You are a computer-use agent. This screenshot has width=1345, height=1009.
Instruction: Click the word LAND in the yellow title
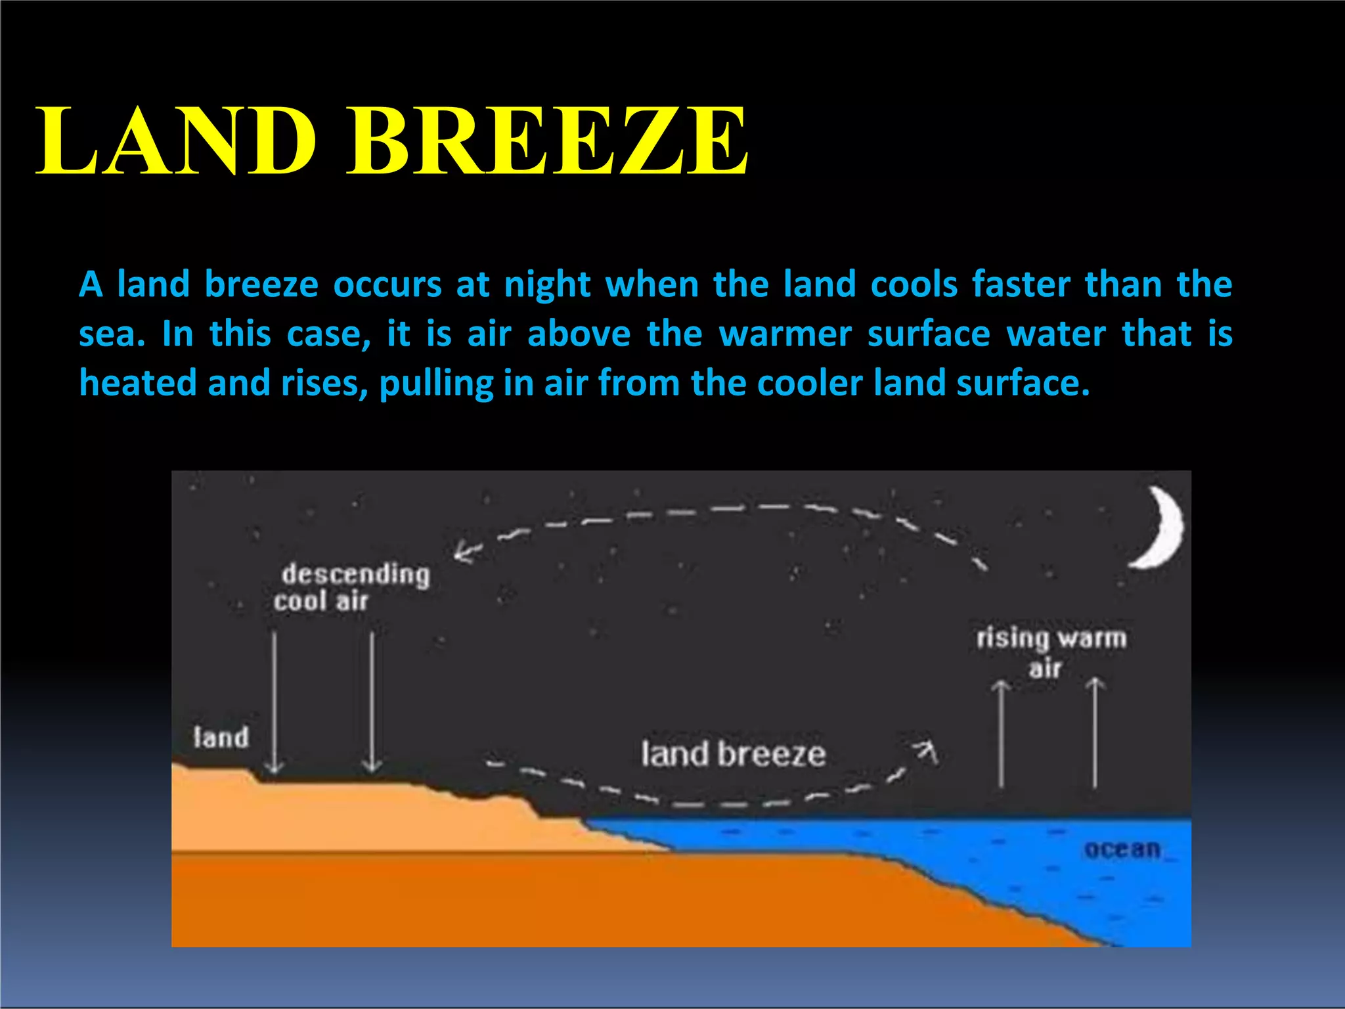coord(176,141)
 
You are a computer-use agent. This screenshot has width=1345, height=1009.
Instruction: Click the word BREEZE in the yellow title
coord(546,141)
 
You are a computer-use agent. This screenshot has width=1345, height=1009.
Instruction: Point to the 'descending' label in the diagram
coord(355,574)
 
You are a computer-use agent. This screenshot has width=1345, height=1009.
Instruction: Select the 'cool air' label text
coord(320,601)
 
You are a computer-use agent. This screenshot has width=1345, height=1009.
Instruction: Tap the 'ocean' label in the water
coord(1122,849)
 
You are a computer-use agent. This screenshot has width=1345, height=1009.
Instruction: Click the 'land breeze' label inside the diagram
coord(733,754)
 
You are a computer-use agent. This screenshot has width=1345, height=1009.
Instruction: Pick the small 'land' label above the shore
coord(221,738)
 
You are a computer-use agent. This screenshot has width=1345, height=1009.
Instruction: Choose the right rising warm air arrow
coord(1095,732)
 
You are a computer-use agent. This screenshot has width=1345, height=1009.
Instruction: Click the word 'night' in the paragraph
coord(547,285)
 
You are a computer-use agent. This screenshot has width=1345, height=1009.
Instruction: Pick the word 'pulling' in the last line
coord(435,384)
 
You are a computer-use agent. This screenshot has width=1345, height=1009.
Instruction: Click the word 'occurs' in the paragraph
coord(387,285)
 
